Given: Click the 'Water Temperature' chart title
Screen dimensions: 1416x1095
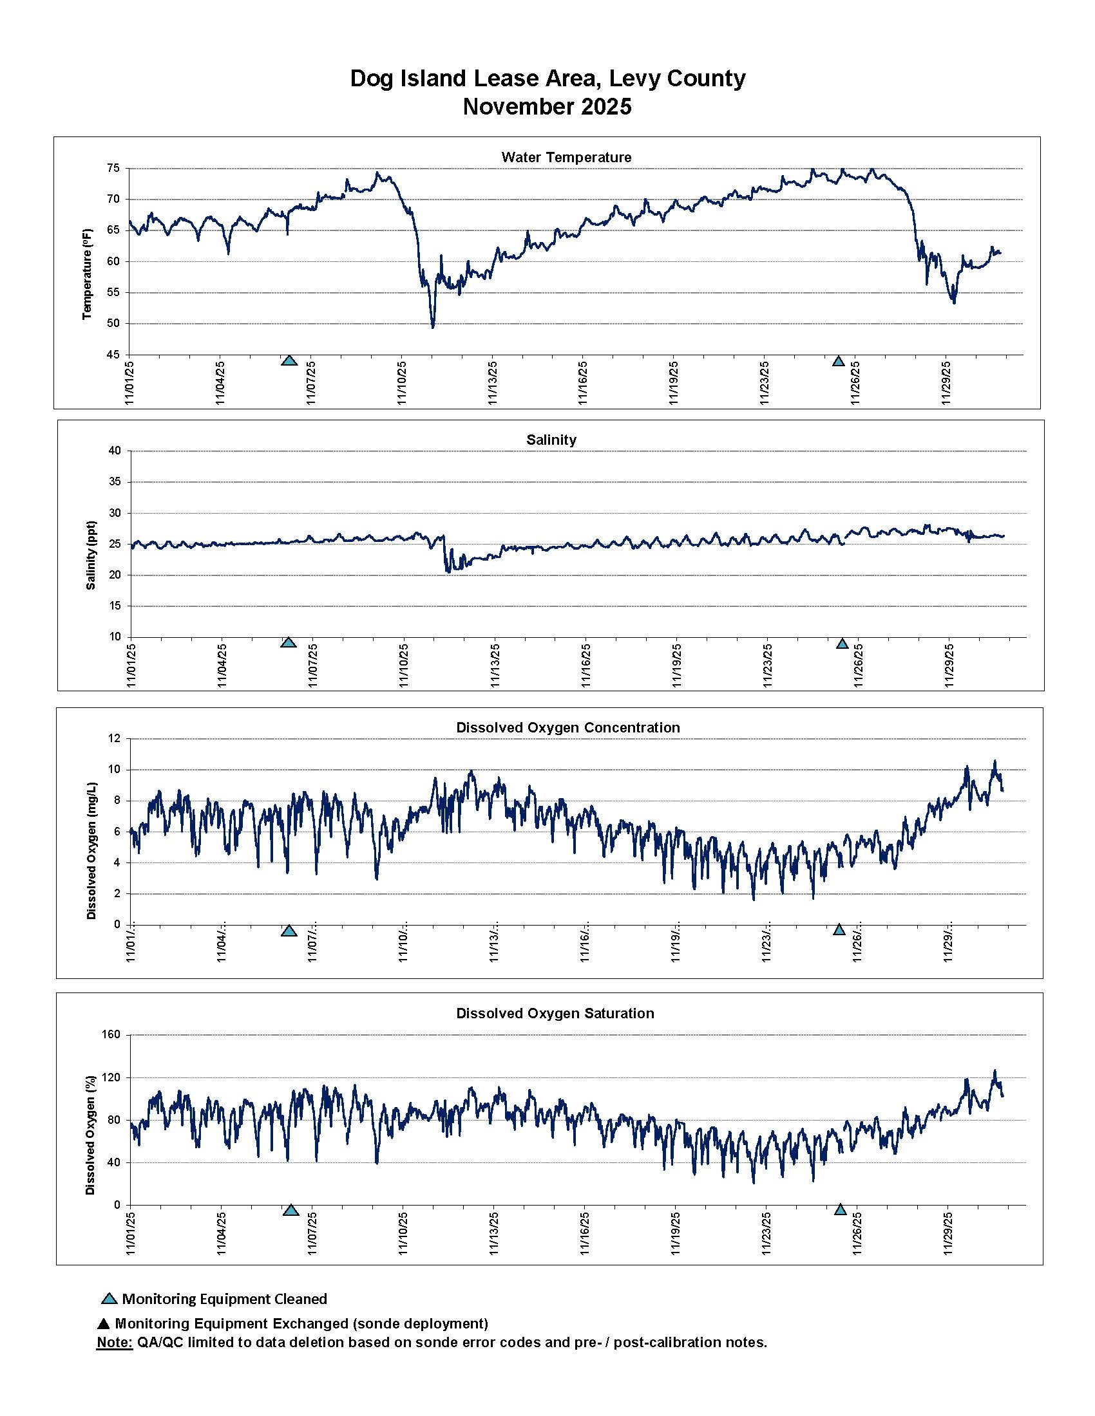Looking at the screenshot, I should (566, 157).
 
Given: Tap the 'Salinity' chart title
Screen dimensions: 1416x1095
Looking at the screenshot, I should (551, 440).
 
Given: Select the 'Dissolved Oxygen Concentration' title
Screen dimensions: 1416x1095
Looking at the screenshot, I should (567, 727).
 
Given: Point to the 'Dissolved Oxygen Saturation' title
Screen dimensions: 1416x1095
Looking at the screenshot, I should (555, 1013).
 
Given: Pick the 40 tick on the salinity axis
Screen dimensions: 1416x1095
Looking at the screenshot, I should (115, 451).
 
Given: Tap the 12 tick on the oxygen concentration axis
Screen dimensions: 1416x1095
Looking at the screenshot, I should (115, 738).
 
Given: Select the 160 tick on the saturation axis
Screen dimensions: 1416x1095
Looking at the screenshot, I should (111, 1035).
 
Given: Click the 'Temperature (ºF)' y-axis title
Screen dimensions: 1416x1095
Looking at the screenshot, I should (88, 274).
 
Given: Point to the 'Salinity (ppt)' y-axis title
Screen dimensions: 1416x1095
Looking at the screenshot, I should (91, 555).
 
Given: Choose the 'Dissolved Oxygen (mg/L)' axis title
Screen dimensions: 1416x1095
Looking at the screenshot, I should (91, 851).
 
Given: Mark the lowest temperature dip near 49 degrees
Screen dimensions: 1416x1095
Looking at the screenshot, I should (433, 327).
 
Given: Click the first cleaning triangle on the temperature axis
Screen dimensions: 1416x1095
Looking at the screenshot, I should (289, 360).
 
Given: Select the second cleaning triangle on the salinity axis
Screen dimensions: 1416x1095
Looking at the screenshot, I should (842, 644).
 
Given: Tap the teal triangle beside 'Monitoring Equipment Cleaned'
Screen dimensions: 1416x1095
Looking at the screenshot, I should (110, 1300).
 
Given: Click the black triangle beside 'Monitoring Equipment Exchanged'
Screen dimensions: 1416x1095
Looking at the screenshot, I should (103, 1324).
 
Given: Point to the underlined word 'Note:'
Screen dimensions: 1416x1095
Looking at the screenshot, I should (114, 1342).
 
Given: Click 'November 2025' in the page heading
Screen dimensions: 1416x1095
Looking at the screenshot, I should (547, 106).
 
